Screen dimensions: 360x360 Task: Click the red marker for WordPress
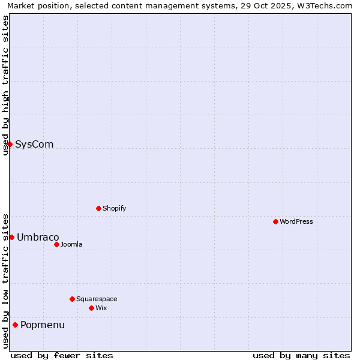point(275,221)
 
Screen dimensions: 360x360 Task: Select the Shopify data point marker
point(98,208)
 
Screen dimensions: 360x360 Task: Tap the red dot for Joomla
point(56,244)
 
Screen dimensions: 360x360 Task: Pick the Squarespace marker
point(72,299)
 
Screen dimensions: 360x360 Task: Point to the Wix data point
point(91,308)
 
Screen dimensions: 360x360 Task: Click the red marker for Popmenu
point(15,325)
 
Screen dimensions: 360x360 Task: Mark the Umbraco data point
point(11,237)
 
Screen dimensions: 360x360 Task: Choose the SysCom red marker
point(10,144)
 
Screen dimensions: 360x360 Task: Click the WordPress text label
point(296,221)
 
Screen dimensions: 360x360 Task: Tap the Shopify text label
point(115,208)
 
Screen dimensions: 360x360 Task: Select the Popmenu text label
point(43,325)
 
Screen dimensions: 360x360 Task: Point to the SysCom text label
point(34,144)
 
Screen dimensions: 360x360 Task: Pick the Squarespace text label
point(97,299)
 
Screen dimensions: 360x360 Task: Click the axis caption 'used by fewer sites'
point(62,355)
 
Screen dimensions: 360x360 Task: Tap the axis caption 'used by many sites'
point(301,355)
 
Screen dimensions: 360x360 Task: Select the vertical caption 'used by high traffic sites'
point(5,85)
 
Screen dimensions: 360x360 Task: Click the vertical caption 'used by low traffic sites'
point(5,280)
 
